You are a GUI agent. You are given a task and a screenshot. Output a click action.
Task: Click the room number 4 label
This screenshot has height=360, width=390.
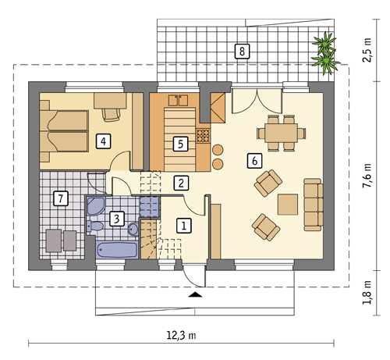point(103,141)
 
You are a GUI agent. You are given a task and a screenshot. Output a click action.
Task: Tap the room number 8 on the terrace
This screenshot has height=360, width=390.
point(242,51)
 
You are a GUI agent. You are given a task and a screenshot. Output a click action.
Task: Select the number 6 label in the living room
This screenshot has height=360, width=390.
point(254,160)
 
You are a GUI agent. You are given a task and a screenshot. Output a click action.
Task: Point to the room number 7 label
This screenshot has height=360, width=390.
point(61,198)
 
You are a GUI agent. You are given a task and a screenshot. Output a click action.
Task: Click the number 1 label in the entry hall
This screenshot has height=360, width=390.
point(184,226)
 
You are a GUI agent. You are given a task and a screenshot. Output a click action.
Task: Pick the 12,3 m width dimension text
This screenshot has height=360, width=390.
point(181,335)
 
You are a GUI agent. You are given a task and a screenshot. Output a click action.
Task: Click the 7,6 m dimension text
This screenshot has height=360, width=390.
point(367,176)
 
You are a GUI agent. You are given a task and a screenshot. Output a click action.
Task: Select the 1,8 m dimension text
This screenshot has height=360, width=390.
point(367,292)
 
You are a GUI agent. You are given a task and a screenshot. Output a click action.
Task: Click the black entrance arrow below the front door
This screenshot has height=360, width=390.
point(195,294)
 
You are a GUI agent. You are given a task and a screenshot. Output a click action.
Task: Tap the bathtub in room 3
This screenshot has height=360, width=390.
point(117,250)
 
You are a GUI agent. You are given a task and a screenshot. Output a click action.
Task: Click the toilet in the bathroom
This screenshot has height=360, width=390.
point(95,226)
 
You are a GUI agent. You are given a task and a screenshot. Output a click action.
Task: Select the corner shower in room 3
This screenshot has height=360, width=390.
point(95,205)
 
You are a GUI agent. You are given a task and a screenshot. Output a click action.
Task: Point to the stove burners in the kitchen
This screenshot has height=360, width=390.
point(203,136)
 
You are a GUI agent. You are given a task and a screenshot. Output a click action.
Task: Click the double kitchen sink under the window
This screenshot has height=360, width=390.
point(178,101)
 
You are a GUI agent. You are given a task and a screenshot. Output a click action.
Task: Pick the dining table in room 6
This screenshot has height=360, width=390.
point(281,133)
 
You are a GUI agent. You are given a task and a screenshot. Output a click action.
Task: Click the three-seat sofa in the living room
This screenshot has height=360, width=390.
point(314,205)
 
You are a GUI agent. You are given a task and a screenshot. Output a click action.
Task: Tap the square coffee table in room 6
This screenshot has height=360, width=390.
point(288,205)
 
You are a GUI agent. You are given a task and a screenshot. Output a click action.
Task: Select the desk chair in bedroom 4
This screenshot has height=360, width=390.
point(112,115)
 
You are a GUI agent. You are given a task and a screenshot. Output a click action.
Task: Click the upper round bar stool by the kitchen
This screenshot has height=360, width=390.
point(218,150)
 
